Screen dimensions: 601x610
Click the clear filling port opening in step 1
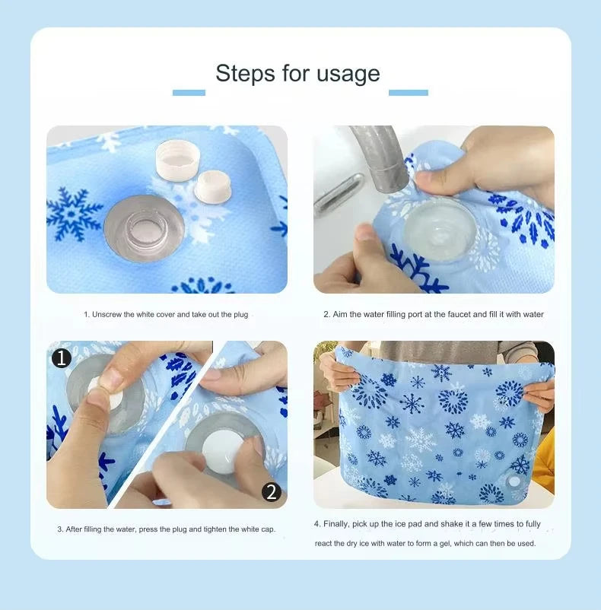pos(144,229)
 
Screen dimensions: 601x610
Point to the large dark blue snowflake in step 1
pos(73,213)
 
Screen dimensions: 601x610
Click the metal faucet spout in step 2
pos(379,157)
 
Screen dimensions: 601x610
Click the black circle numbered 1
pos(62,358)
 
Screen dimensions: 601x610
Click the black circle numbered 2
pos(272,491)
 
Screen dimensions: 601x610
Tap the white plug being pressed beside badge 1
pos(104,392)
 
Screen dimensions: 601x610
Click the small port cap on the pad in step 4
pos(514,481)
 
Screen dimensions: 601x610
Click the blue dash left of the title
pos(189,93)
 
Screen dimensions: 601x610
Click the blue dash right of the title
pos(409,93)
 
